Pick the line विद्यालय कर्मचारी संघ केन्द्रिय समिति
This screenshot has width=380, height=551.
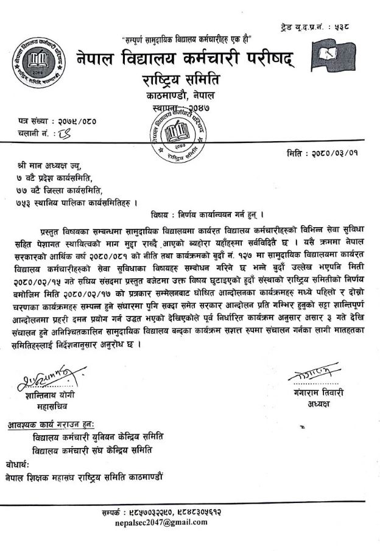click(93, 449)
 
